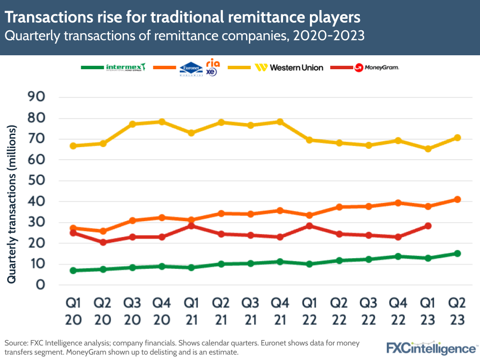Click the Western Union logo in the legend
pos(289,68)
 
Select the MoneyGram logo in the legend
pos(377,68)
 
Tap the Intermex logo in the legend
pos(125,67)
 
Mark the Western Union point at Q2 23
pos(457,138)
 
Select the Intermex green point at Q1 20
pos(73,271)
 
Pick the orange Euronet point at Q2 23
pos(457,199)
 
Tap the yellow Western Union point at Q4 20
pos(162,122)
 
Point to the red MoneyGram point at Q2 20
pos(103,242)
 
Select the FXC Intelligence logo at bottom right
pos(431,348)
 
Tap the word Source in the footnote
pos(16,343)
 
